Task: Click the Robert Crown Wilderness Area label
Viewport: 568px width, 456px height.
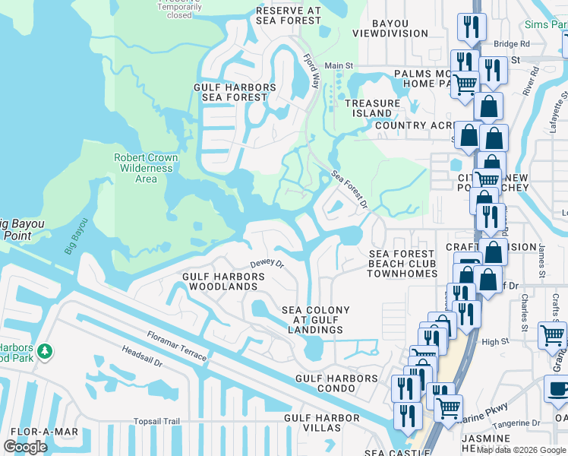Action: click(x=146, y=168)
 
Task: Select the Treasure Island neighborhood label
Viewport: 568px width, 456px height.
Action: click(x=372, y=108)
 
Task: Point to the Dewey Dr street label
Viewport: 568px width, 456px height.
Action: click(x=267, y=264)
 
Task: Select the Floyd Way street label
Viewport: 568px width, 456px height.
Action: click(x=311, y=71)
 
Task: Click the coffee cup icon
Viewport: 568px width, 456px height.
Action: click(x=558, y=389)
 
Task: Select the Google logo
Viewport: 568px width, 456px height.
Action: click(x=25, y=447)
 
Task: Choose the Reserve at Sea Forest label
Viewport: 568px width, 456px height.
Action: click(x=289, y=16)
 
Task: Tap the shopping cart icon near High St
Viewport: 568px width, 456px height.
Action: click(x=552, y=335)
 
